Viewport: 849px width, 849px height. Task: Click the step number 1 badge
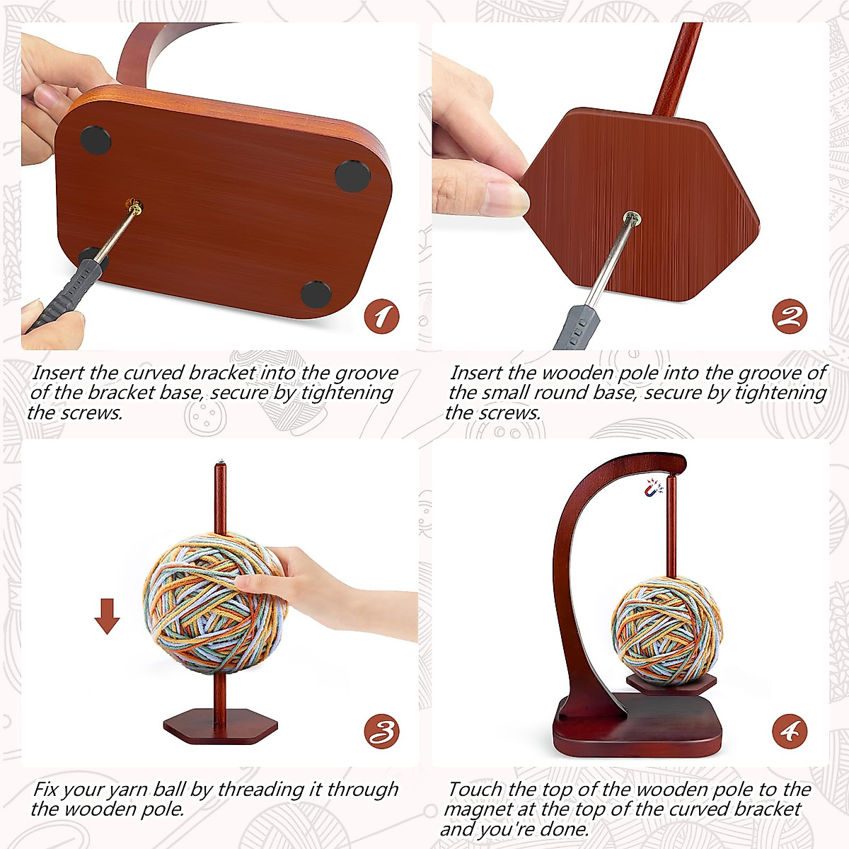[x=381, y=316]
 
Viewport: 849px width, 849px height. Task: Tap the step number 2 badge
[x=789, y=316]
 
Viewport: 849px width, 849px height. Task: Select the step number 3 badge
[x=381, y=732]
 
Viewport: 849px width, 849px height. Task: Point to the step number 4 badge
[x=789, y=732]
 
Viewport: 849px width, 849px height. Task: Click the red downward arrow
[x=108, y=616]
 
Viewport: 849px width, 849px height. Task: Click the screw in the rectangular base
[x=134, y=207]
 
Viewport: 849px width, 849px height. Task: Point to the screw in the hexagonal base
[x=632, y=216]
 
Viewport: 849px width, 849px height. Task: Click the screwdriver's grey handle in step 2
[x=577, y=330]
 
